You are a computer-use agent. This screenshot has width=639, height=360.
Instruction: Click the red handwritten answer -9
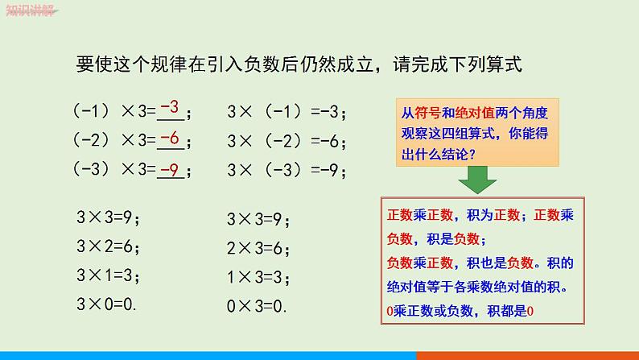point(168,169)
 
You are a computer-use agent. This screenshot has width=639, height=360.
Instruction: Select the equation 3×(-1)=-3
point(287,111)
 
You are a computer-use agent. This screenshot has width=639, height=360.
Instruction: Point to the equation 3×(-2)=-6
point(287,142)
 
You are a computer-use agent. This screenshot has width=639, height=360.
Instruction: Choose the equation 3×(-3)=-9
point(287,172)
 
